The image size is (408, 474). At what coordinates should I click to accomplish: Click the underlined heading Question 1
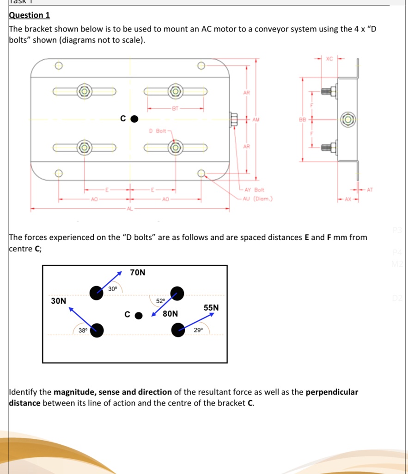(x=30, y=15)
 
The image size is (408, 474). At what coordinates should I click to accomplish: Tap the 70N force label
(x=138, y=273)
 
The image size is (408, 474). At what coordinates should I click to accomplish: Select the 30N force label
(x=59, y=301)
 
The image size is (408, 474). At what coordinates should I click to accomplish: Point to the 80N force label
(x=170, y=314)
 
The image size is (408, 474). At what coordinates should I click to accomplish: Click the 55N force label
(x=211, y=307)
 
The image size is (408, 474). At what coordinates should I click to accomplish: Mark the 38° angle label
(x=83, y=331)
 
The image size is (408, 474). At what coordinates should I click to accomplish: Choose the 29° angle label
(x=198, y=330)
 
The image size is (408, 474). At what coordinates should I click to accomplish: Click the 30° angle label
(x=113, y=289)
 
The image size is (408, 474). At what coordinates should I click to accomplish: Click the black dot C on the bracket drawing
(x=134, y=119)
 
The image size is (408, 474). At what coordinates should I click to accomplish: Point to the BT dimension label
(x=175, y=109)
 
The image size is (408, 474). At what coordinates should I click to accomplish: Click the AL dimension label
(x=130, y=210)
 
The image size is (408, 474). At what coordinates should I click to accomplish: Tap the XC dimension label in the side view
(x=329, y=59)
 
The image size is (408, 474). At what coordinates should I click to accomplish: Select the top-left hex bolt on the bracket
(x=84, y=91)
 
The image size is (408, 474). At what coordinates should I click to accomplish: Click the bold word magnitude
(x=74, y=392)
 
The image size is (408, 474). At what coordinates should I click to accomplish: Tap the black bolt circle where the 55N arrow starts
(x=178, y=330)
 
